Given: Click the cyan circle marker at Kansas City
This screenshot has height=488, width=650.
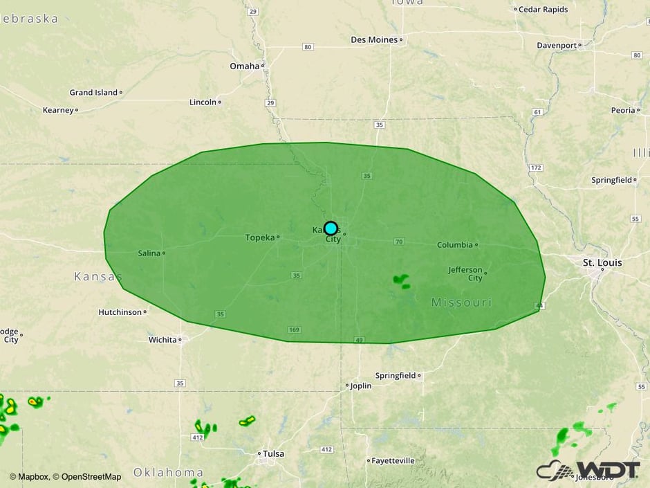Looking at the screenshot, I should coord(331,228).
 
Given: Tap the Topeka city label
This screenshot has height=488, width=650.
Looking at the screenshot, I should coord(260,237).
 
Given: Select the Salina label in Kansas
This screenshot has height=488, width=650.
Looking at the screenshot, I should coord(149,253).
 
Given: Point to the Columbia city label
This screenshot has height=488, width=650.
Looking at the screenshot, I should coord(455,245).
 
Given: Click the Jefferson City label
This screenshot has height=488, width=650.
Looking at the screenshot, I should coord(465,273).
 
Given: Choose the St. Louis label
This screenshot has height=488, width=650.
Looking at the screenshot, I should coord(583,263).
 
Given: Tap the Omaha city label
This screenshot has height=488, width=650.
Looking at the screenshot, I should coord(244,66).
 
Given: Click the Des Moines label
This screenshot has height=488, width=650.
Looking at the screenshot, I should coord(374,40).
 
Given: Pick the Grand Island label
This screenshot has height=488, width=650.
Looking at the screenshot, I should coord(93,92).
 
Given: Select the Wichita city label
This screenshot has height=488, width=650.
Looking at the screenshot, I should coord(162,340).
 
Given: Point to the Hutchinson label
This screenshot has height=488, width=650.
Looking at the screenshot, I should coord(120,312).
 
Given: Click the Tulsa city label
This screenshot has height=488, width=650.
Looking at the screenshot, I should coord(272,454).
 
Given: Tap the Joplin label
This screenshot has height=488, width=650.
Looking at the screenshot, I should coord(361,386).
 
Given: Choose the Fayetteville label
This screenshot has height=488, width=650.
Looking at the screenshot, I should coord(393,460).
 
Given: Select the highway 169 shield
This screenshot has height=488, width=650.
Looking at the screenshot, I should coord(295,330).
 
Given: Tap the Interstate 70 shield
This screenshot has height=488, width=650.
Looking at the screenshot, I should coord(398,242).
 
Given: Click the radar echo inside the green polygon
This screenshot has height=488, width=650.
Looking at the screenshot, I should coord(401,280).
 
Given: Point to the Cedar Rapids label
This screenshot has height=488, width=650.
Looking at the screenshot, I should coord(544,10).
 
